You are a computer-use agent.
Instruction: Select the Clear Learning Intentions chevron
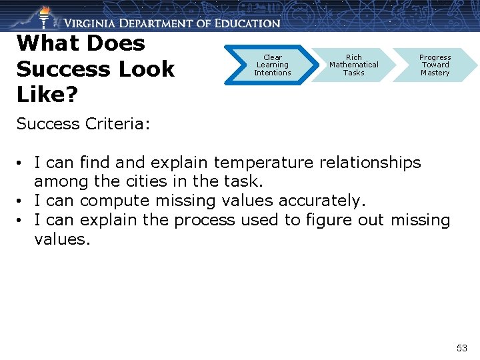click(272, 65)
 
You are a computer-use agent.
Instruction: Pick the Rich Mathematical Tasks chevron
click(353, 65)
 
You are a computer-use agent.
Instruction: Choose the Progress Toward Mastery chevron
click(435, 65)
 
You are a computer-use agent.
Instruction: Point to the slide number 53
click(462, 348)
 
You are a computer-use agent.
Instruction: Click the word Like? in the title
click(47, 94)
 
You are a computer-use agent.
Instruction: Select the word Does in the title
click(116, 43)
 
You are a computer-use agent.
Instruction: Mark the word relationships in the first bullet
click(371, 163)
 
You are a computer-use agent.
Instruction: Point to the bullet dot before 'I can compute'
click(22, 201)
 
